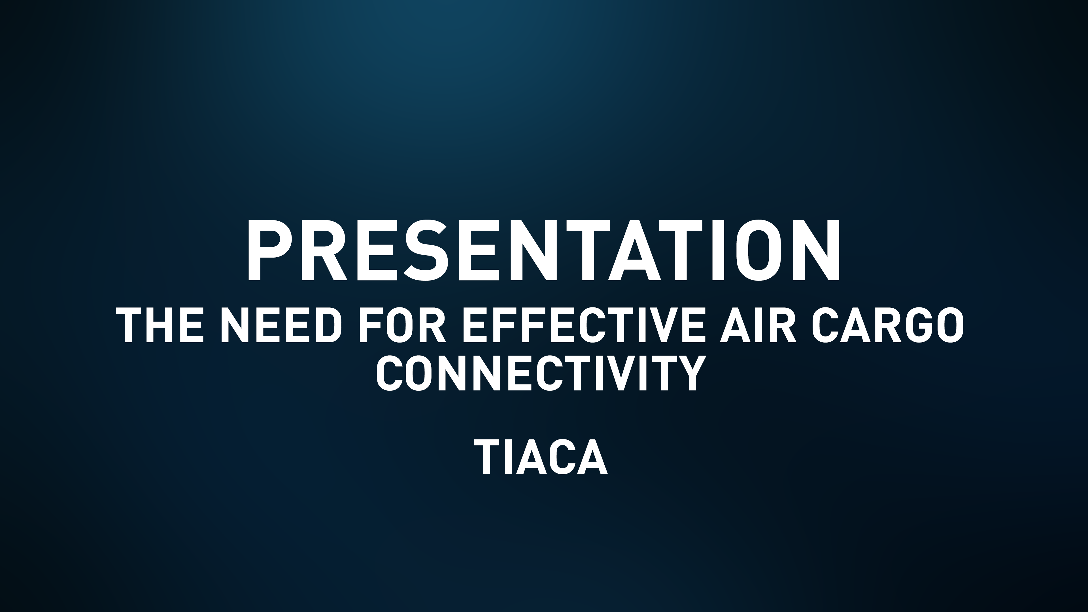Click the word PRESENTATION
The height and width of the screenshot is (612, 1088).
coord(544,250)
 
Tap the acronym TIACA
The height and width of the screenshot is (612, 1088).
coord(541,457)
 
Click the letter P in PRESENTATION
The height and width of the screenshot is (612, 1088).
coord(268,250)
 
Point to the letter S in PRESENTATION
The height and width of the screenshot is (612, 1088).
coord(425,250)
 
